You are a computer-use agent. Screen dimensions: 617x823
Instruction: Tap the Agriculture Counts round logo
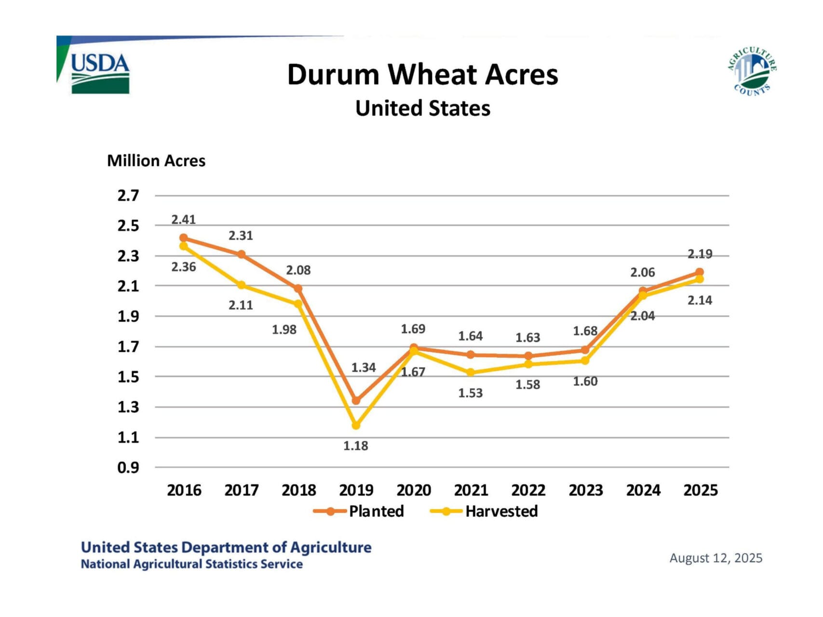coord(752,71)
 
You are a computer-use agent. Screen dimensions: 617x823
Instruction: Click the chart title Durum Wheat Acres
coord(422,75)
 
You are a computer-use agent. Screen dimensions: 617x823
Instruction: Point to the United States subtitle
coord(422,108)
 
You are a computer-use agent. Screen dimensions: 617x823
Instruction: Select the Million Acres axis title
coord(156,161)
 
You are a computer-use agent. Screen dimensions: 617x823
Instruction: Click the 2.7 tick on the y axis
coord(128,196)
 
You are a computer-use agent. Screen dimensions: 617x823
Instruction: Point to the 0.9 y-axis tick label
coord(128,468)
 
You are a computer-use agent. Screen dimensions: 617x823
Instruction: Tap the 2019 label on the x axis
coord(356,490)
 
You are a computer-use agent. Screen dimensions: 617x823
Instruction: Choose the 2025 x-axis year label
coord(701,490)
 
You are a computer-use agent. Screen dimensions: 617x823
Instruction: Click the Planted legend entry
coord(359,511)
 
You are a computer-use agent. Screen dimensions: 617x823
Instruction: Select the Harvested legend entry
coord(485,511)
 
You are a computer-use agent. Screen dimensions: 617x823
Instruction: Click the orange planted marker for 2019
coord(356,401)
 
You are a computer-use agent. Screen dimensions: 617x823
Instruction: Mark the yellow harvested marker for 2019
coord(356,425)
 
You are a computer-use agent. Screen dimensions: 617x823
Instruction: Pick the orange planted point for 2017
coord(241,254)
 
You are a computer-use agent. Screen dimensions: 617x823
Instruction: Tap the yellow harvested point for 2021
coord(471,372)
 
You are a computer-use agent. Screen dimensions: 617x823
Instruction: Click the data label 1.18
coord(355,446)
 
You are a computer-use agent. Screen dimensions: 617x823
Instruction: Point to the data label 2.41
coord(183,220)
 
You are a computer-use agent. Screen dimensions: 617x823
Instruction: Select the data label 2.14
coord(700,300)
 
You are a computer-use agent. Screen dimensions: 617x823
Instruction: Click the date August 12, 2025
coord(715,558)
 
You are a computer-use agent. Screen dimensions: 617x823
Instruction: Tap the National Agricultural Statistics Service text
coord(191,564)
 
